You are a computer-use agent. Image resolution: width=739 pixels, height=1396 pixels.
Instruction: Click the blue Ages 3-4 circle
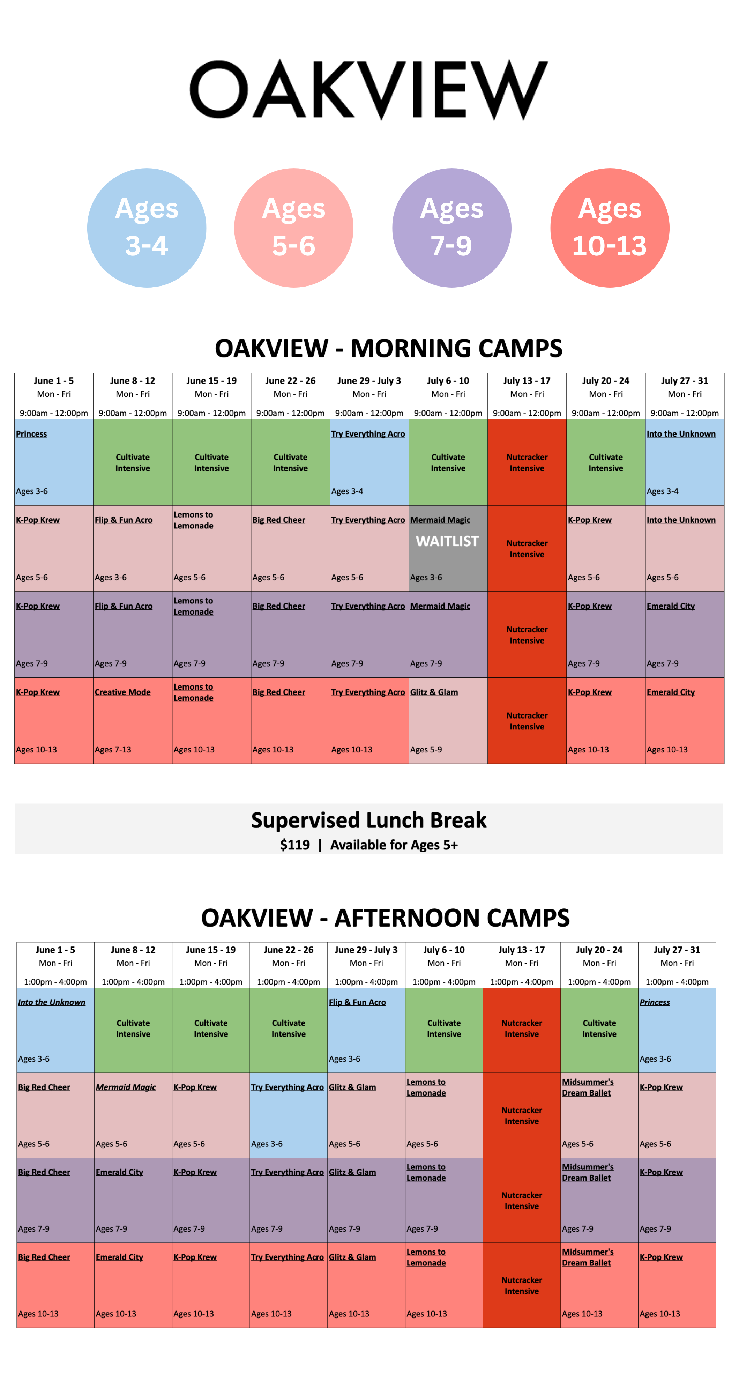(147, 228)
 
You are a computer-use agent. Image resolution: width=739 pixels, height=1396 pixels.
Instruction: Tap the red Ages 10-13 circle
(610, 228)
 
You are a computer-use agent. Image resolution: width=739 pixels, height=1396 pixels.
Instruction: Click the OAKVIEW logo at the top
(369, 89)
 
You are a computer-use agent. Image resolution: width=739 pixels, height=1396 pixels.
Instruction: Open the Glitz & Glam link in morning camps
(434, 692)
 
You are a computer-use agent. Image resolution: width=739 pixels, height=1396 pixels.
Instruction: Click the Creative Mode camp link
(122, 692)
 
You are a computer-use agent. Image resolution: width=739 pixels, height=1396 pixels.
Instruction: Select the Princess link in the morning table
(31, 433)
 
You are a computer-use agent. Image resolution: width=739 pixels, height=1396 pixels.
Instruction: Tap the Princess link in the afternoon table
(655, 1002)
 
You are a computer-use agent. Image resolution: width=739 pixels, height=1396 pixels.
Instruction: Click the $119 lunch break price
(295, 845)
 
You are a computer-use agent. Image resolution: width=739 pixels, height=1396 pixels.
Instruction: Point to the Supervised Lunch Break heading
(369, 820)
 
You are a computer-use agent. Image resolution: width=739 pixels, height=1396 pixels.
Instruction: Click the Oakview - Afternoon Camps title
(385, 918)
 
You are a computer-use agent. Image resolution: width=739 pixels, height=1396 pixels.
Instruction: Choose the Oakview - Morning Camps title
(388, 348)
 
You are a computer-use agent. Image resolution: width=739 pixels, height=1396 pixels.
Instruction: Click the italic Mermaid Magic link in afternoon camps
(126, 1087)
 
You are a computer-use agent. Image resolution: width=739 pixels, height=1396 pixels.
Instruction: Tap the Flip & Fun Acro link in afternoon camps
(357, 1002)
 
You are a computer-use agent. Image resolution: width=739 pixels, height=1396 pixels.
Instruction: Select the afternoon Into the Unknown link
(52, 1002)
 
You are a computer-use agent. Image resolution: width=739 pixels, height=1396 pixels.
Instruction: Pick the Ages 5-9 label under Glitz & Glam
(426, 750)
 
